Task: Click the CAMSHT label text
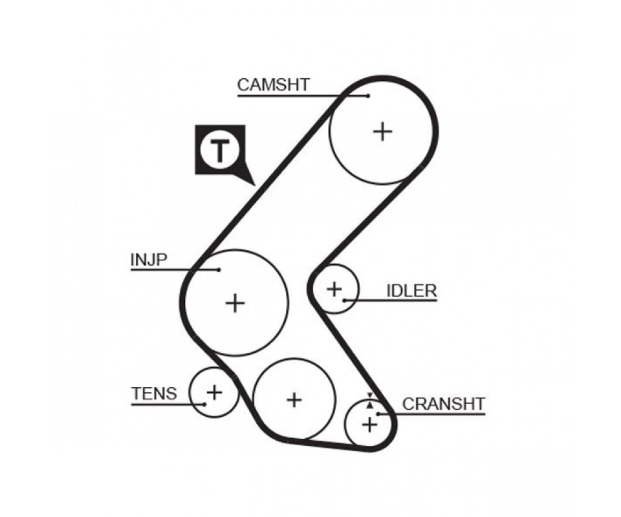point(273,85)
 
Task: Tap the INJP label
point(149,260)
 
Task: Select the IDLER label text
point(411,291)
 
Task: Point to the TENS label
point(154,394)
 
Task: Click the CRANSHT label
point(444,404)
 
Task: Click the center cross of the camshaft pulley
point(382,131)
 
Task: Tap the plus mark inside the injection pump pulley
point(235,303)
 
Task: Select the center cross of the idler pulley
point(334,289)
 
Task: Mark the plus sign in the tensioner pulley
point(214,392)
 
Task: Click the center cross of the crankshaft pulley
point(369,425)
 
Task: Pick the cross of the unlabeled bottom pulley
point(294,400)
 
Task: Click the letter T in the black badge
point(220,151)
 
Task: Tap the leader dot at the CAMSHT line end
point(368,96)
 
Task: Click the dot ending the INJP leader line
point(219,269)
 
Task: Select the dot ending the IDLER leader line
point(345,301)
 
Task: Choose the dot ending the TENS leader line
point(204,404)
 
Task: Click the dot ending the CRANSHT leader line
point(378,414)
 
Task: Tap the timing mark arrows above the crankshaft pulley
point(370,401)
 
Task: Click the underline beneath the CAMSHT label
point(303,96)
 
